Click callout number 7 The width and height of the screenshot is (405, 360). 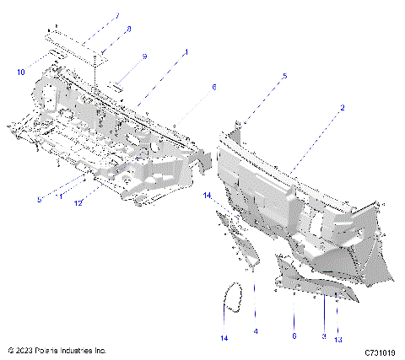pyautogui.click(x=117, y=16)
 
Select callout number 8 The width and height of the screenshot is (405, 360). pyautogui.click(x=127, y=30)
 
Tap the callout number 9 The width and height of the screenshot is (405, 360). pyautogui.click(x=144, y=56)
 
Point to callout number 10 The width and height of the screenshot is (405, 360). pyautogui.click(x=21, y=73)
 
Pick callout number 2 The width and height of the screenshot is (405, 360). pyautogui.click(x=342, y=108)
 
